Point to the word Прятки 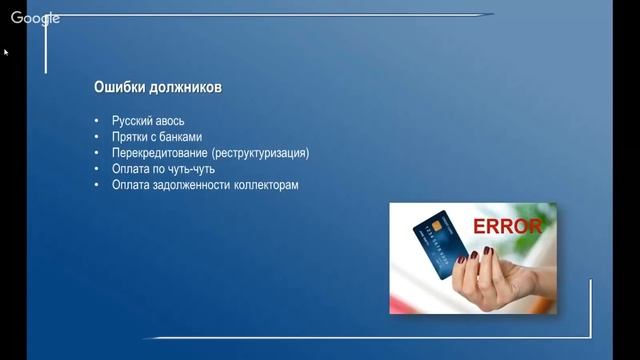(132, 137)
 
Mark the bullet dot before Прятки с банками (97, 138)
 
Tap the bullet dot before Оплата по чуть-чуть (97, 170)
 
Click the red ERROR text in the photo (507, 227)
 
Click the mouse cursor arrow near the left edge (6, 52)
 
